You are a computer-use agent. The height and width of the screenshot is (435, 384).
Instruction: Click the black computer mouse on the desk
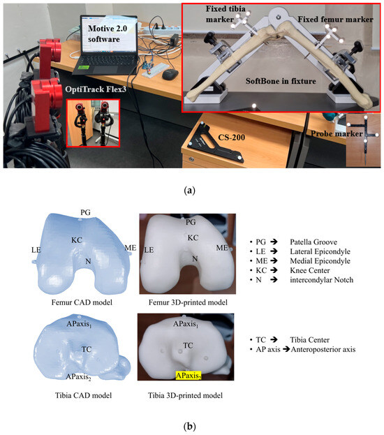pyautogui.click(x=170, y=74)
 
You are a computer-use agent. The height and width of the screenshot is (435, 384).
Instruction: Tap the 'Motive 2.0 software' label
pyautogui.click(x=107, y=34)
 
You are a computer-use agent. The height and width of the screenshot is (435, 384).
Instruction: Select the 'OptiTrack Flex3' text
pyautogui.click(x=96, y=89)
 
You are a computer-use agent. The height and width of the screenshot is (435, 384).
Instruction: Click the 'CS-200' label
pyautogui.click(x=231, y=138)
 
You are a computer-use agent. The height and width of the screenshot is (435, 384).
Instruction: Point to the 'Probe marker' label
pyautogui.click(x=337, y=134)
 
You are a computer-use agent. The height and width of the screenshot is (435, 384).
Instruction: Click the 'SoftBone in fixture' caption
pyautogui.click(x=281, y=81)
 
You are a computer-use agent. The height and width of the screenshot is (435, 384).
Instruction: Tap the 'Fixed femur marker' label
pyautogui.click(x=335, y=20)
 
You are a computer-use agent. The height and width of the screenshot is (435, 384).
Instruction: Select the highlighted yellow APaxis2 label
pyautogui.click(x=189, y=376)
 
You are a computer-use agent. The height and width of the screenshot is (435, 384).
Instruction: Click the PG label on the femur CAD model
pyautogui.click(x=85, y=212)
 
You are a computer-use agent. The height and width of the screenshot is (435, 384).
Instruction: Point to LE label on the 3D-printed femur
pyautogui.click(x=149, y=250)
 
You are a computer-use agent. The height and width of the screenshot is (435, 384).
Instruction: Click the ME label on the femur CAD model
pyautogui.click(x=131, y=248)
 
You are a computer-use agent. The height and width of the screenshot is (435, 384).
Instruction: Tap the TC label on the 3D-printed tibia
pyautogui.click(x=188, y=346)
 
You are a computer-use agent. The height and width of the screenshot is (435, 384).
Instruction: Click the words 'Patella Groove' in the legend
pyautogui.click(x=313, y=242)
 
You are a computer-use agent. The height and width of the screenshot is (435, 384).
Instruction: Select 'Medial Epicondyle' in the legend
pyautogui.click(x=320, y=260)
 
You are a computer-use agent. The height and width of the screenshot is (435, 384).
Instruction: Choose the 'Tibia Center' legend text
pyautogui.click(x=309, y=340)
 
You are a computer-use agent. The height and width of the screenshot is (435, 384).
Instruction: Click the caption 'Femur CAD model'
pyautogui.click(x=82, y=302)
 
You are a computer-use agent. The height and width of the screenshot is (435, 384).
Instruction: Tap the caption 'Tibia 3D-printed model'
pyautogui.click(x=185, y=395)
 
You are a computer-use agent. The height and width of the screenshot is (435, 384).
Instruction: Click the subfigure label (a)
pyautogui.click(x=189, y=191)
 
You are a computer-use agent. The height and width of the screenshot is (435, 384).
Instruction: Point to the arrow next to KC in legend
pyautogui.click(x=274, y=270)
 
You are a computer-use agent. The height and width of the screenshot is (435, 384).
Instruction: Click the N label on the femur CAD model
pyautogui.click(x=88, y=261)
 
